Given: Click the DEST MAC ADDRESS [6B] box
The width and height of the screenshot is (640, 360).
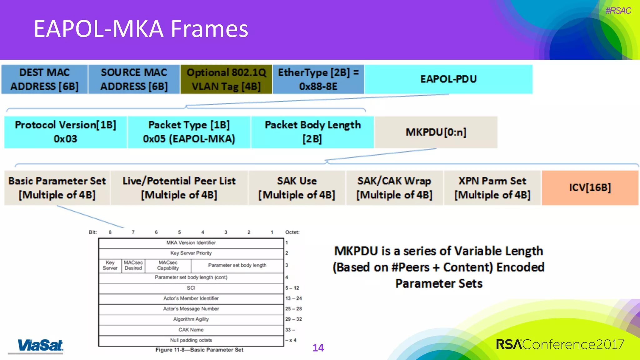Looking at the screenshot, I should pos(44,79).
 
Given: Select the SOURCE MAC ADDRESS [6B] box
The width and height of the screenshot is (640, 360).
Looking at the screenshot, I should pos(134,79).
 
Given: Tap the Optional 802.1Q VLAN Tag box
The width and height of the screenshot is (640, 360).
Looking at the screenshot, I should pos(226,79).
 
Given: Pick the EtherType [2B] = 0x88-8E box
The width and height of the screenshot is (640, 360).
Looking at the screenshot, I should pos(318,79).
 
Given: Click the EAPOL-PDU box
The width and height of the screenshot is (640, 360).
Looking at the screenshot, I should pos(448,79).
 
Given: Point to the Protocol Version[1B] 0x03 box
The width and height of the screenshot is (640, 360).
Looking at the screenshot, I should pos(66,132).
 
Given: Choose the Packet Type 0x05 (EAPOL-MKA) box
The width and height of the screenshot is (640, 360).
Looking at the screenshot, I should pos(189,132).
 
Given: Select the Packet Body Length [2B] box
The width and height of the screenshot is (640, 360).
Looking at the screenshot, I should pos(312,132).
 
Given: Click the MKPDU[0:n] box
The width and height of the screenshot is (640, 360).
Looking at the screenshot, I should pos(436,132).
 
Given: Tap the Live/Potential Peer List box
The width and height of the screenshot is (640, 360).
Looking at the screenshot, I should pos(179,188).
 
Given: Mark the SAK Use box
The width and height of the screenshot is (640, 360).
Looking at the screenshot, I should pos(297,188).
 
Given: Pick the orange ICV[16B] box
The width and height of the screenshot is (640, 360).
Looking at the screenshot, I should pos(590,188).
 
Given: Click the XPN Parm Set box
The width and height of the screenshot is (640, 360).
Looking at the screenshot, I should pos(492,188).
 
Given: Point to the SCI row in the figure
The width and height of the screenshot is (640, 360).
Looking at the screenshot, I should pos(191,288).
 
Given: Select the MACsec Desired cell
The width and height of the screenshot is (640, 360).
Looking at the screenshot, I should pos(133,265).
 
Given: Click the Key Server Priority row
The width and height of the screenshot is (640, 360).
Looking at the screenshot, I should pos(191,253).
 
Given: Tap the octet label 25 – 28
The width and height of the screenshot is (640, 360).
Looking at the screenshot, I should pos(293,309).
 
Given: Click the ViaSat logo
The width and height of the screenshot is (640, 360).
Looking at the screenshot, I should pos(40,346).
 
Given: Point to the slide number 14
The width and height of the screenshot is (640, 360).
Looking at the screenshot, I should pos(318,348).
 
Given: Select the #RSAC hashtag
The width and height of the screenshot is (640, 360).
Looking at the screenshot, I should pos(618,11).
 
